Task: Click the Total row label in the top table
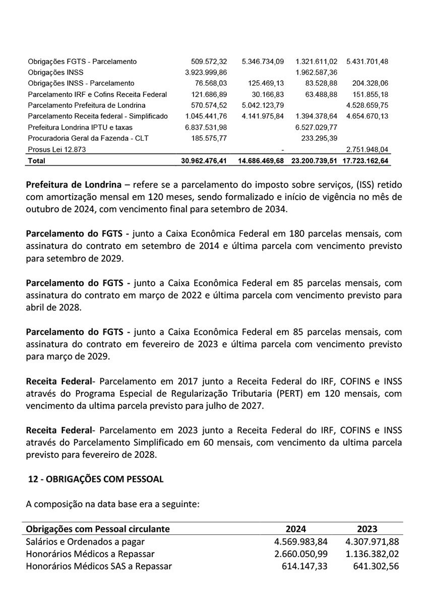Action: (37, 161)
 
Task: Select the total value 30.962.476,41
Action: (204, 161)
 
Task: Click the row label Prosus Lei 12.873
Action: (55, 150)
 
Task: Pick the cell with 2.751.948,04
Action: (368, 150)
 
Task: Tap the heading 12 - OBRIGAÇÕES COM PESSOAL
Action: (96, 479)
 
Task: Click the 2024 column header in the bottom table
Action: (296, 529)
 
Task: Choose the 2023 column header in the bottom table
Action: (367, 529)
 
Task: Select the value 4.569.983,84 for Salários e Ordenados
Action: (296, 542)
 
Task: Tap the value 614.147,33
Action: (301, 566)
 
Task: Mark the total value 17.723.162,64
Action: (368, 161)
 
